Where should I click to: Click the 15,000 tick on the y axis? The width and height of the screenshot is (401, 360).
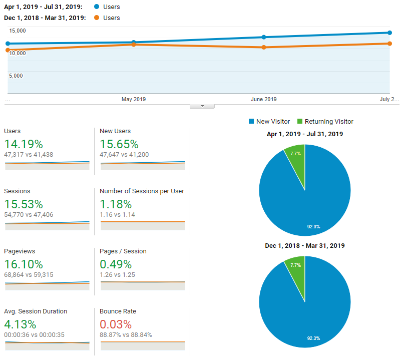point(18,31)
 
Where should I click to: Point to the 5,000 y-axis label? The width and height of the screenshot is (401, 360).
point(16,76)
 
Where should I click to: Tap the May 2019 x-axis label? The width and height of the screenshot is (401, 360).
point(134,99)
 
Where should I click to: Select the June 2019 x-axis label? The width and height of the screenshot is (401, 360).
point(263,99)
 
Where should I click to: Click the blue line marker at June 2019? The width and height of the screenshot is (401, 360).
point(264,37)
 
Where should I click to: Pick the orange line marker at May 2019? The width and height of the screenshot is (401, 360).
point(134,45)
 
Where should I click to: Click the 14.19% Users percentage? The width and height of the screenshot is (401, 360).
point(23,144)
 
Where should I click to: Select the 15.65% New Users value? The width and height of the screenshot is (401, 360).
point(119,144)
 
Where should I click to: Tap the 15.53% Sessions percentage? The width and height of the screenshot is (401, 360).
point(23,204)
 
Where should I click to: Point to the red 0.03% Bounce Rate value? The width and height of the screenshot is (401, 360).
point(116,324)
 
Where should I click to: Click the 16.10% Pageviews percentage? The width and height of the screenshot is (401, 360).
point(23,264)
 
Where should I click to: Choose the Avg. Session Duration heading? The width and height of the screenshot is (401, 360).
point(35,311)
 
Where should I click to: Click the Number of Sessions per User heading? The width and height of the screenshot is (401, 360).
point(142,191)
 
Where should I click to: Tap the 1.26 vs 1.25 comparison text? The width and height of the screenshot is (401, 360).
point(117,275)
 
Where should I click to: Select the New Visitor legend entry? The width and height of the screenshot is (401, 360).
point(269,122)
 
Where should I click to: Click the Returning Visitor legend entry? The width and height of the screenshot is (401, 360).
point(325,122)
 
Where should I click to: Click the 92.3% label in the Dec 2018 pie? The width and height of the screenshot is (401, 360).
point(313,338)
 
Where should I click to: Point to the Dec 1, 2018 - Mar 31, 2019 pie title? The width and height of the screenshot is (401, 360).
point(304,246)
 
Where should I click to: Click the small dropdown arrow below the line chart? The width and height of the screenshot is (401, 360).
point(202,106)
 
